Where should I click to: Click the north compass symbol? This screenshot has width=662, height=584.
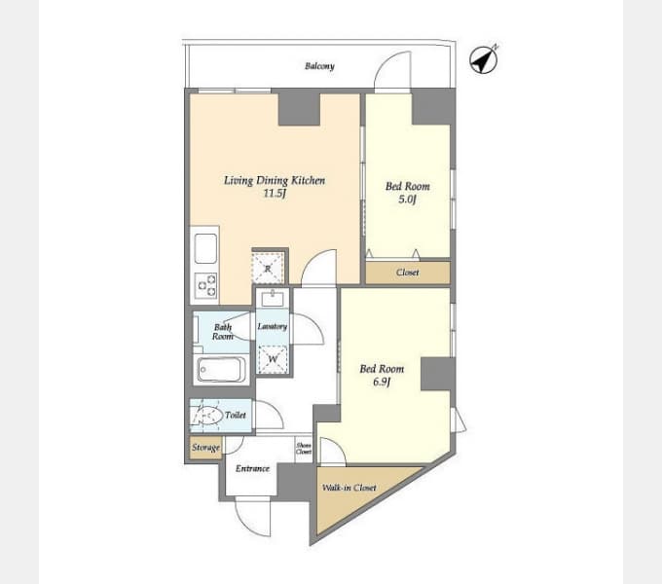(x=484, y=59)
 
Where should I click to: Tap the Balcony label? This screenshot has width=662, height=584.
(x=319, y=66)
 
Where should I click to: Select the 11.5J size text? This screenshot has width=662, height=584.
(x=275, y=194)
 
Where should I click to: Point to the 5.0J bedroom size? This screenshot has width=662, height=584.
(x=407, y=200)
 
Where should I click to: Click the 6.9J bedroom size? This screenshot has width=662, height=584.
(x=382, y=382)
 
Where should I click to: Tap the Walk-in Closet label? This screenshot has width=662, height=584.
(x=349, y=488)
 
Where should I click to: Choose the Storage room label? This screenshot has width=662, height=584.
(x=206, y=448)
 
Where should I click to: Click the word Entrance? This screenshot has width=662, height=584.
(x=252, y=468)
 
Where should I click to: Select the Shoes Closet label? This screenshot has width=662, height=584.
(x=304, y=449)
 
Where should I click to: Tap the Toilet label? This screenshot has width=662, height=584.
(x=236, y=416)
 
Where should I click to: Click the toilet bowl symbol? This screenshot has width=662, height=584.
(x=206, y=416)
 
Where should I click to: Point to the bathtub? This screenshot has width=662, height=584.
(x=222, y=370)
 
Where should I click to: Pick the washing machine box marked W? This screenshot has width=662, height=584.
(x=273, y=359)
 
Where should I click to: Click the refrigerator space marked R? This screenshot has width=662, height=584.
(x=268, y=269)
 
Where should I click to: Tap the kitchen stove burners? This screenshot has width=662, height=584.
(x=205, y=285)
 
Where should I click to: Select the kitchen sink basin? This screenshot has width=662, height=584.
(x=205, y=248)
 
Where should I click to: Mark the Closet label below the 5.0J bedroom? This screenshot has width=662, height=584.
(x=408, y=273)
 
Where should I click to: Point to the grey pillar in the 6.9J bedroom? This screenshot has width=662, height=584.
(x=438, y=374)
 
